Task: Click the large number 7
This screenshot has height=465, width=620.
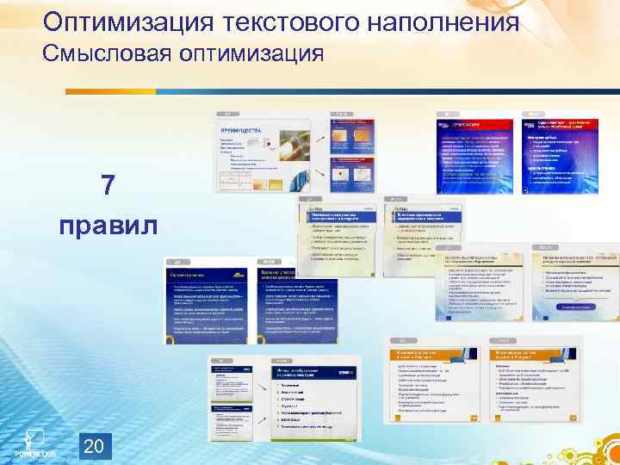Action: click(x=108, y=185)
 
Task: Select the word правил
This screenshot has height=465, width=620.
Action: click(x=108, y=226)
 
